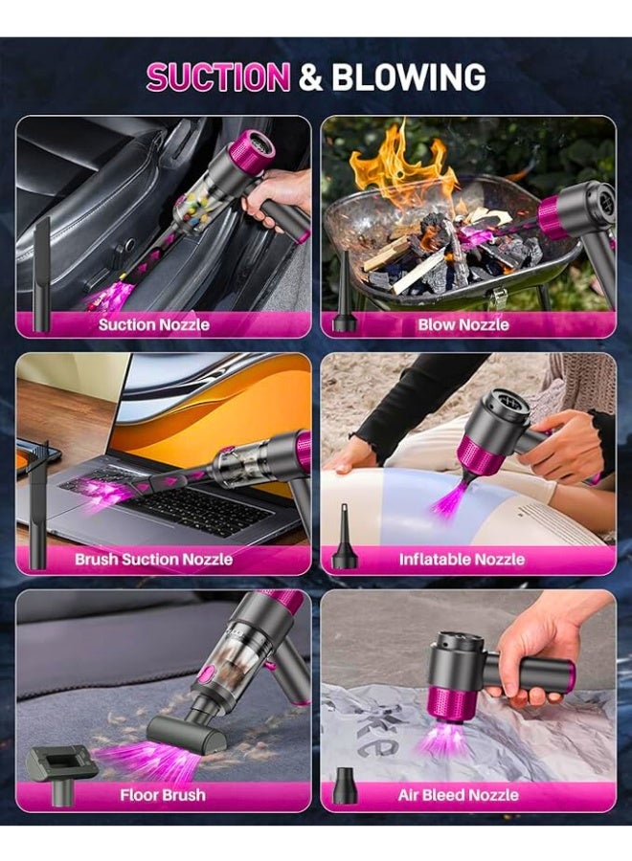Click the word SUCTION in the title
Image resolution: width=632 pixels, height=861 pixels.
click(217, 77)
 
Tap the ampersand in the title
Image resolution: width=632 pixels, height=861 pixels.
click(310, 77)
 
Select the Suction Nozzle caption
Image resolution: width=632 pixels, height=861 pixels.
click(153, 324)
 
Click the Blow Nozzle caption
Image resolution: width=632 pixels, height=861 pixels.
click(463, 324)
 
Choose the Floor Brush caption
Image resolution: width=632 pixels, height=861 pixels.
click(163, 795)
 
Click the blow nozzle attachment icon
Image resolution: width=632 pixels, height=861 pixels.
click(344, 297)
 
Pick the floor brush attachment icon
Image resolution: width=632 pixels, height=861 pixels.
click(60, 763)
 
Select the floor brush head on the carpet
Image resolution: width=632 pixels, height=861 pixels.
click(187, 734)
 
